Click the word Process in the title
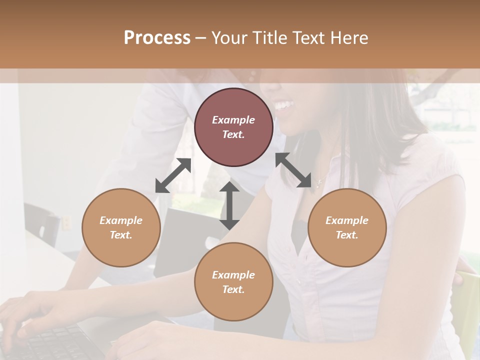coord(157,38)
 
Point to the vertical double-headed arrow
coord(229,205)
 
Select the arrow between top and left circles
coord(173,175)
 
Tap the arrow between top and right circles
coord(293,170)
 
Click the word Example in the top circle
coord(233,120)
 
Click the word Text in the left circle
coord(121,235)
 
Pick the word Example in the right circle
coord(347,220)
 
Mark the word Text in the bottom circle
coord(233,289)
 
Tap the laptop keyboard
coord(50,342)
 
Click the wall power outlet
coord(65,223)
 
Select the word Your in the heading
coord(228,38)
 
